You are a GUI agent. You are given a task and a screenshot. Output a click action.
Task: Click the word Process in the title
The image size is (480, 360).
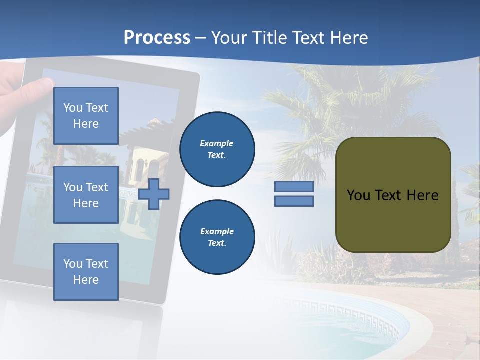[157, 38]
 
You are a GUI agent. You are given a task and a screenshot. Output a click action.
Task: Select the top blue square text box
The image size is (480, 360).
[86, 116]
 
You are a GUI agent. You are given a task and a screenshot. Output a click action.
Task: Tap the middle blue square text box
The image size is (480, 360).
[86, 195]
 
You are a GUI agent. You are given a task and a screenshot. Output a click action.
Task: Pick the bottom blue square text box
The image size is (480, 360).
[86, 271]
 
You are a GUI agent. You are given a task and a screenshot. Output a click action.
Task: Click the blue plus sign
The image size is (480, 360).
[154, 194]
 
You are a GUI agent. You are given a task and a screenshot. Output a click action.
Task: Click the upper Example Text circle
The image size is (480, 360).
[217, 149]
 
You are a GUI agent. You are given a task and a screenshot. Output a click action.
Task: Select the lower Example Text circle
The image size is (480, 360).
[217, 237]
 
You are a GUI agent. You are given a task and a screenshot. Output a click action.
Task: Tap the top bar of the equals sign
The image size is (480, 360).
[294, 187]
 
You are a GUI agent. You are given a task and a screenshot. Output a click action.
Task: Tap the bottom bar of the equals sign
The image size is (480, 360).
[294, 201]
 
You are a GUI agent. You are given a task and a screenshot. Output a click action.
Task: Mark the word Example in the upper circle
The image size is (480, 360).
[217, 143]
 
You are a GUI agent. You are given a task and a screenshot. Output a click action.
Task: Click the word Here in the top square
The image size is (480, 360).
[86, 124]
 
